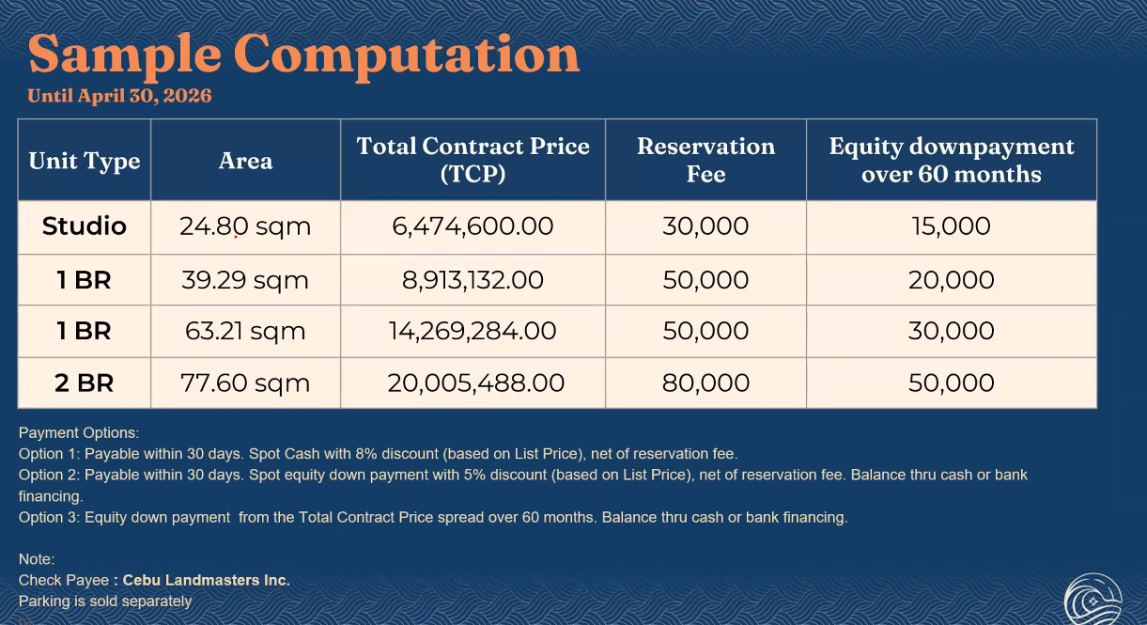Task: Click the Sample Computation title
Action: tap(303, 54)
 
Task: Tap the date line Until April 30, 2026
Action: tap(119, 96)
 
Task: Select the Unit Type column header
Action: tap(85, 161)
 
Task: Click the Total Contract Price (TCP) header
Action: tap(473, 160)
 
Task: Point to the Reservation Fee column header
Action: tap(705, 160)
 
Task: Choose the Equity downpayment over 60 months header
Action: tap(951, 160)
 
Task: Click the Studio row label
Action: tap(85, 227)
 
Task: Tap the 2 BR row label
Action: tap(85, 383)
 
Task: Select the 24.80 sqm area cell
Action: tap(244, 227)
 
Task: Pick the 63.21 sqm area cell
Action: tap(244, 331)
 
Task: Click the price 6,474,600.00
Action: tap(473, 227)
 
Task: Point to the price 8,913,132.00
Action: tap(473, 280)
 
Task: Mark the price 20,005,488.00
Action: tap(475, 383)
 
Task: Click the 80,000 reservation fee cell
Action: tap(705, 383)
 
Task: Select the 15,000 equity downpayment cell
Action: tap(951, 227)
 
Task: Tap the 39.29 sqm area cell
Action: tap(244, 280)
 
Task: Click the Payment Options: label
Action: tap(79, 433)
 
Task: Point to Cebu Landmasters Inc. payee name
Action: tap(206, 581)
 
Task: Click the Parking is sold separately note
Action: tap(105, 601)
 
